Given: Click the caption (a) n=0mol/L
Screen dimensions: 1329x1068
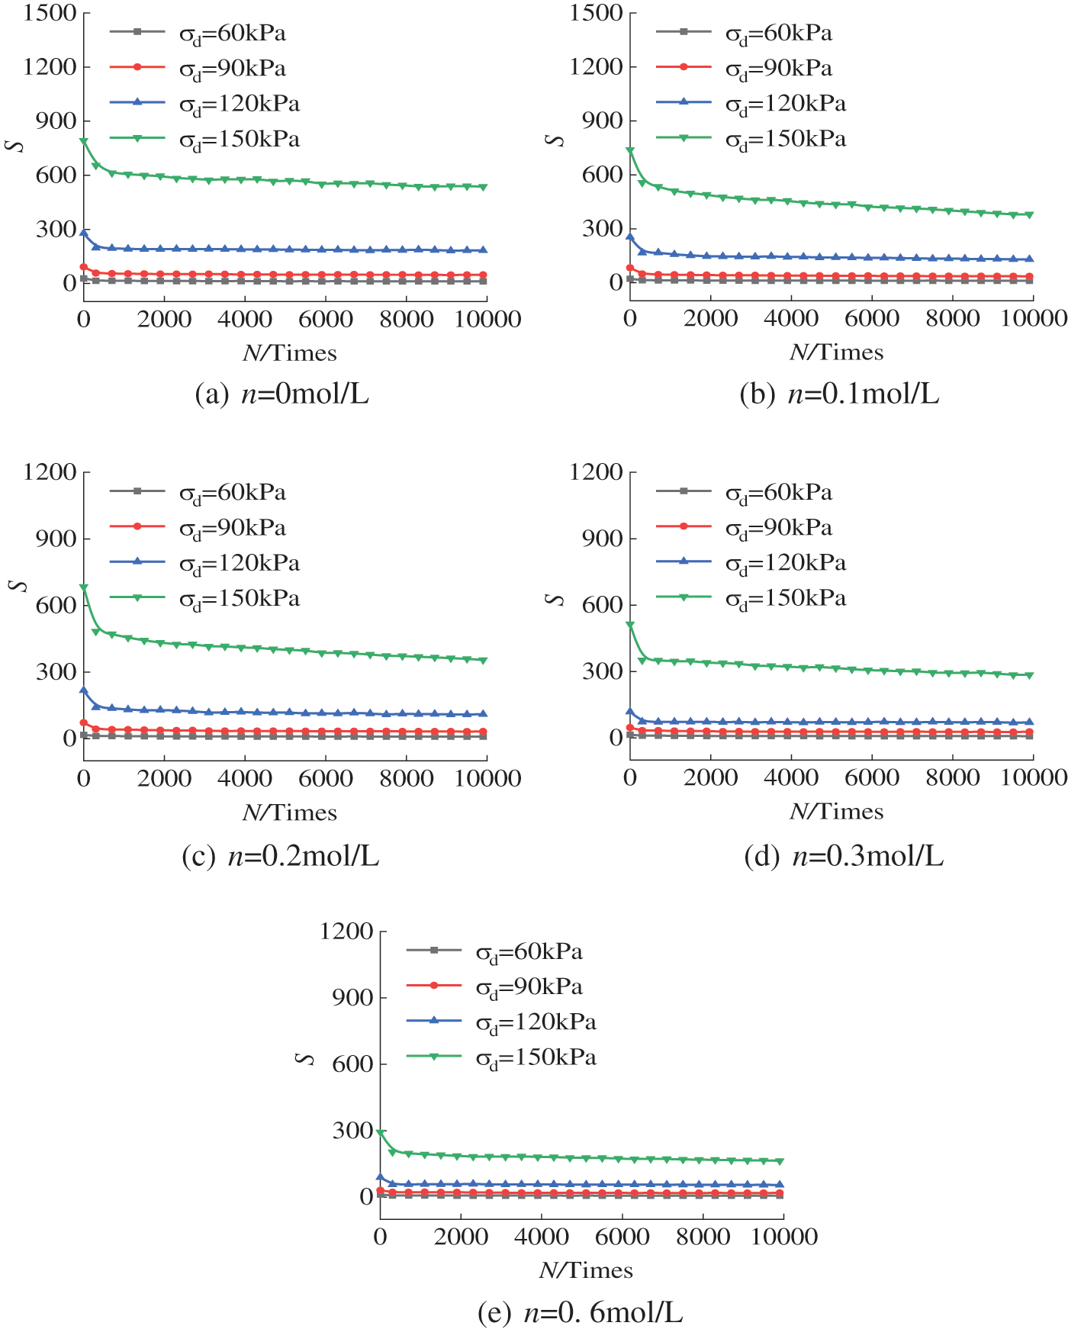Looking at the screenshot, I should pos(281,394).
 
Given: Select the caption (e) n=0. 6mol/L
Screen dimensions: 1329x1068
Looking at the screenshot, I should pos(580,1312).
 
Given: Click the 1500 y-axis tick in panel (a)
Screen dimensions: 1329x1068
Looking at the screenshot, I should pos(50,13).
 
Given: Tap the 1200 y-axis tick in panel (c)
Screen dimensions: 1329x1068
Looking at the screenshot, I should pos(50,472).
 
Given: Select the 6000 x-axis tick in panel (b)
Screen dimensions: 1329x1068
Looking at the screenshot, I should pos(872,319).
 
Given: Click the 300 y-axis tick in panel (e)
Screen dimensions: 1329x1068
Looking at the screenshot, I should pos(352,1130).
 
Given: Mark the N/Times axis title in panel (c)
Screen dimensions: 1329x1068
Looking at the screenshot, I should pos(290,813).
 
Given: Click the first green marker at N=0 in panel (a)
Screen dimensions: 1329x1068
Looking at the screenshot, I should pos(84,142).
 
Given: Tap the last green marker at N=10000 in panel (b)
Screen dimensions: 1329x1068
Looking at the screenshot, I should pos(1030,215).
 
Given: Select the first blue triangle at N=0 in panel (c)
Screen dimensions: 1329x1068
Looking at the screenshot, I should pos(84,690).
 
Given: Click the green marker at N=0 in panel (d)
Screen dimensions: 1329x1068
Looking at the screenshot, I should pos(630,625).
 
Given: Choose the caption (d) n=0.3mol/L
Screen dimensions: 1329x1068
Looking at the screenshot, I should pos(844,857).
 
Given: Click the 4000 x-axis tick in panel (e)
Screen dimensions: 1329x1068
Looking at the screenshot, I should pos(542,1237).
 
